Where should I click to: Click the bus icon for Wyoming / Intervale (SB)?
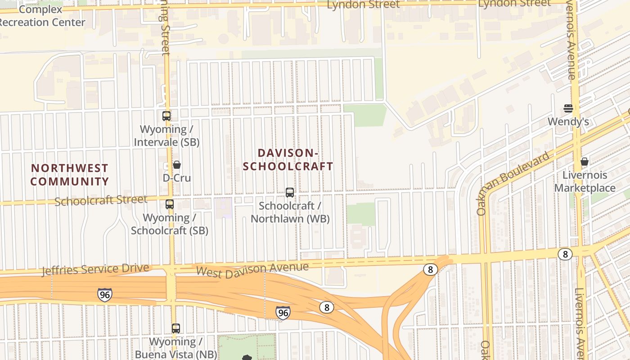(166, 116)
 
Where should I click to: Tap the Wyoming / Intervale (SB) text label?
(166, 135)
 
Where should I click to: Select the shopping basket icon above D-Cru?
(177, 165)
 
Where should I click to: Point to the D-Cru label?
(177, 178)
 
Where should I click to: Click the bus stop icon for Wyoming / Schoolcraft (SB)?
(170, 204)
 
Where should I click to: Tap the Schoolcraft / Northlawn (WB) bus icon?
(290, 193)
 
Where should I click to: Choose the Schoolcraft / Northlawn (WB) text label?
(290, 212)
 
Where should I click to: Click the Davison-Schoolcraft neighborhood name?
(288, 160)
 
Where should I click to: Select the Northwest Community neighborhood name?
(70, 175)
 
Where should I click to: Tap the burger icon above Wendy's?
(568, 108)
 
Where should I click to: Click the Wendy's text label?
(568, 121)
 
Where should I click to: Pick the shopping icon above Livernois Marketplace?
(585, 162)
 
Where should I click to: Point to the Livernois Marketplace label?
(585, 181)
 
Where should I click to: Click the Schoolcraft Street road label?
(101, 200)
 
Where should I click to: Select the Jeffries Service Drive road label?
(95, 270)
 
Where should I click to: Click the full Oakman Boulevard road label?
(513, 183)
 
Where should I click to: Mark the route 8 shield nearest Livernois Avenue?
(565, 254)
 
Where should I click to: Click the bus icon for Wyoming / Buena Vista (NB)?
(176, 328)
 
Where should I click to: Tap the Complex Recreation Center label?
(43, 16)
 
